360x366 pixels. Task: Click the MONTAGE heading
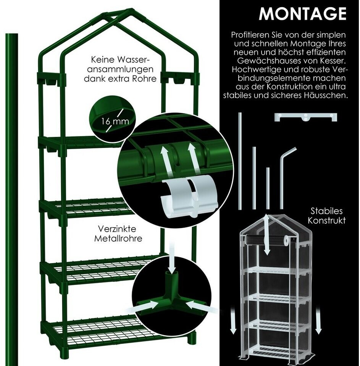302,14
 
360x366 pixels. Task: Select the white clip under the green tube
189,197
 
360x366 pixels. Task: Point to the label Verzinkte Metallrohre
118,233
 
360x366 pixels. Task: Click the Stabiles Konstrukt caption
326,215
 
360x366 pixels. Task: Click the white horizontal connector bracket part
306,117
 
